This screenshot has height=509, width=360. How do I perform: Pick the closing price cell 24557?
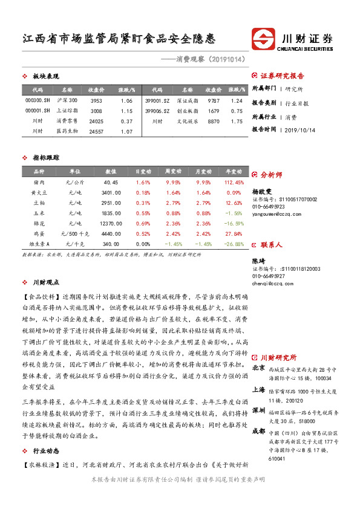[97, 131]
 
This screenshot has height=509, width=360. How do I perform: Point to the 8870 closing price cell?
[213, 122]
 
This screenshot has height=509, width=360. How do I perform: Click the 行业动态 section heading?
[46, 450]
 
